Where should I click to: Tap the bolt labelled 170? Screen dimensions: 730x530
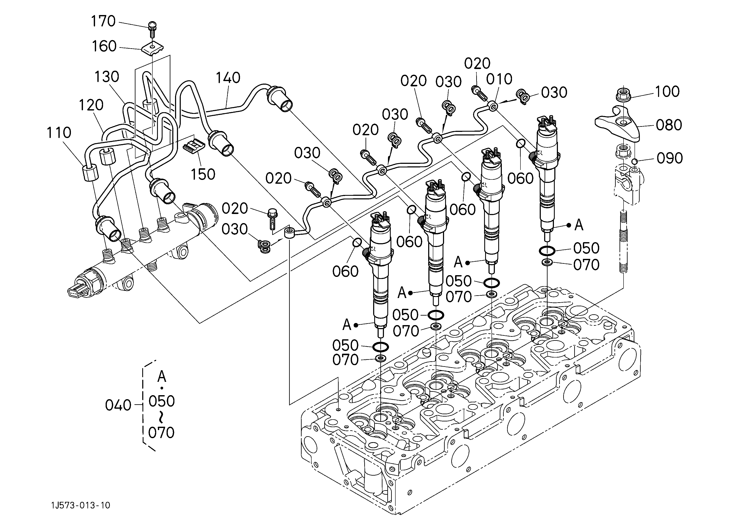coord(153,29)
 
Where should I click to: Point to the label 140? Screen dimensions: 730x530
coord(228,78)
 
